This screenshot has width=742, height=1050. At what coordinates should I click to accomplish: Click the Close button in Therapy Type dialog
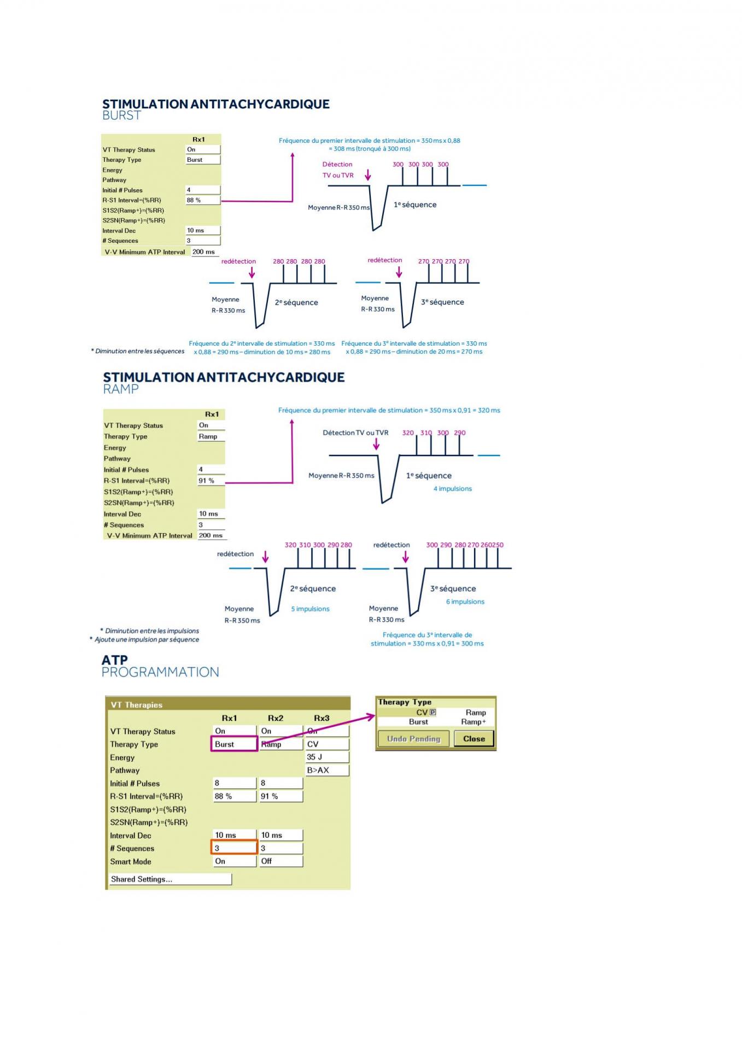click(474, 739)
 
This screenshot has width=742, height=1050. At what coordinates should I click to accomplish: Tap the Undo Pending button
click(413, 739)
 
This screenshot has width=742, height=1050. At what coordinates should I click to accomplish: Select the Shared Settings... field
click(170, 879)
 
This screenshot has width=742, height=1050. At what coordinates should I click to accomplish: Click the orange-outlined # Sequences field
click(234, 848)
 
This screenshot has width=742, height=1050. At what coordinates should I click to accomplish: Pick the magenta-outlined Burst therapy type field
click(234, 744)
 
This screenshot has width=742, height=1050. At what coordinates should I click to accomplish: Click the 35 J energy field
click(326, 757)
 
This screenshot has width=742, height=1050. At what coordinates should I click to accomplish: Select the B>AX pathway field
click(326, 770)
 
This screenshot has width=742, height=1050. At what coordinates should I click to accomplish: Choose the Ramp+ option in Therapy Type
click(473, 722)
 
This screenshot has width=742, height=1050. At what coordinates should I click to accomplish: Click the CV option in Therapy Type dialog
click(422, 713)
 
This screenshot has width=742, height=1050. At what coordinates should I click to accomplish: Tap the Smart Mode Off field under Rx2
click(280, 861)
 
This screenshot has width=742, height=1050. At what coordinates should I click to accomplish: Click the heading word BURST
click(121, 115)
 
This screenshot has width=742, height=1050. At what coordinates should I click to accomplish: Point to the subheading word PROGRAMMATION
click(160, 672)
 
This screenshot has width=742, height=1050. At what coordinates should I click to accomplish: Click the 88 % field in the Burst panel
click(203, 200)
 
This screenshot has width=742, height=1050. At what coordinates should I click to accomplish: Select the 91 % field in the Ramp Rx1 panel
click(211, 481)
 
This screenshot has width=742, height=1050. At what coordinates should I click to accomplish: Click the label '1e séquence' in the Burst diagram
click(415, 205)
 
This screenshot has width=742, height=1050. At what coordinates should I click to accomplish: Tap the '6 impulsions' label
click(465, 602)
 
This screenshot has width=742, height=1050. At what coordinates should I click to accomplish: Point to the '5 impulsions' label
click(310, 609)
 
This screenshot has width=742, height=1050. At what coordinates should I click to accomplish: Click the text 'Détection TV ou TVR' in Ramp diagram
click(355, 433)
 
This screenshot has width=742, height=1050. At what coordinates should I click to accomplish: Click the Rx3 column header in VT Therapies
click(322, 718)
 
